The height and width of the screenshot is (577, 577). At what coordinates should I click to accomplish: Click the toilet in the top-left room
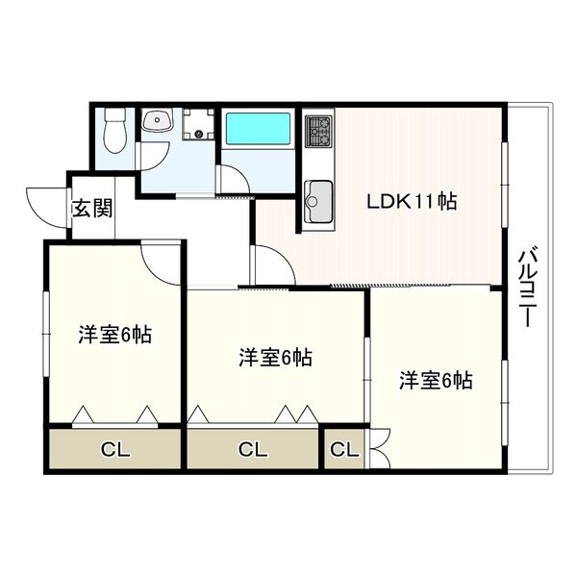pos(115,130)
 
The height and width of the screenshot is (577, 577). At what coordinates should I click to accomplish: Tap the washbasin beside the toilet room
pos(158,119)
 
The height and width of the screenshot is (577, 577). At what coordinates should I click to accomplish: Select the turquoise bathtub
pos(258,129)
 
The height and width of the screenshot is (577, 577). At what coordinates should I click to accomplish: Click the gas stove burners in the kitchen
pos(318,131)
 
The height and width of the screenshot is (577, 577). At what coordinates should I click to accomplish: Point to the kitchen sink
pos(318,202)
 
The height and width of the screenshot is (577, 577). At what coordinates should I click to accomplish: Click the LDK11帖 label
pos(412,201)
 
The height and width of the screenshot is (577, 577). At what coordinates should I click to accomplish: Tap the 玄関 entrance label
pos(92,209)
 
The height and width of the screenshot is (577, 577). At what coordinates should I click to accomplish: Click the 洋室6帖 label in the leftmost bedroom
pos(114,335)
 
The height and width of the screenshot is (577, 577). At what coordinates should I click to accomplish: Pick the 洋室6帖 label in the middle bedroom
pos(276,358)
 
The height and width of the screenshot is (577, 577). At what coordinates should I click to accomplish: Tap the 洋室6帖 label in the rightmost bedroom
pos(436,380)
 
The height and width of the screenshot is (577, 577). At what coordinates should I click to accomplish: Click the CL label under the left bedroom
pos(115,449)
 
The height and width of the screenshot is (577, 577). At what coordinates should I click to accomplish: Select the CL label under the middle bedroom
pos(252,449)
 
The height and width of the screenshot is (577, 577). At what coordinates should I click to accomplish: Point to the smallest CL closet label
pos(344,449)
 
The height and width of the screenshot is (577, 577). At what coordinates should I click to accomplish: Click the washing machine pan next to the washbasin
pos(199,124)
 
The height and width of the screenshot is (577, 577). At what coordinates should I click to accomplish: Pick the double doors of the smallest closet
pos(379,448)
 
